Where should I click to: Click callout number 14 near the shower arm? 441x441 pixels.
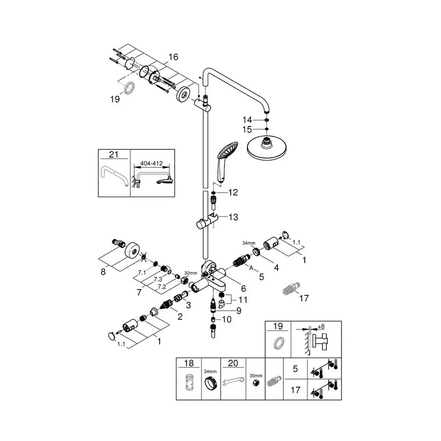(247, 120)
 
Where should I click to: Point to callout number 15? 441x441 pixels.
(247, 130)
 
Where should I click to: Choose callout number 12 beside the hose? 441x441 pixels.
(233, 193)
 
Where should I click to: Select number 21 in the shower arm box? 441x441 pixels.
(114, 155)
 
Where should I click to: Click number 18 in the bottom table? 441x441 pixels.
(188, 363)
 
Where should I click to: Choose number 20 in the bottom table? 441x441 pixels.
(233, 363)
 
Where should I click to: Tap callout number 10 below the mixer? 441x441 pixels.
(226, 319)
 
